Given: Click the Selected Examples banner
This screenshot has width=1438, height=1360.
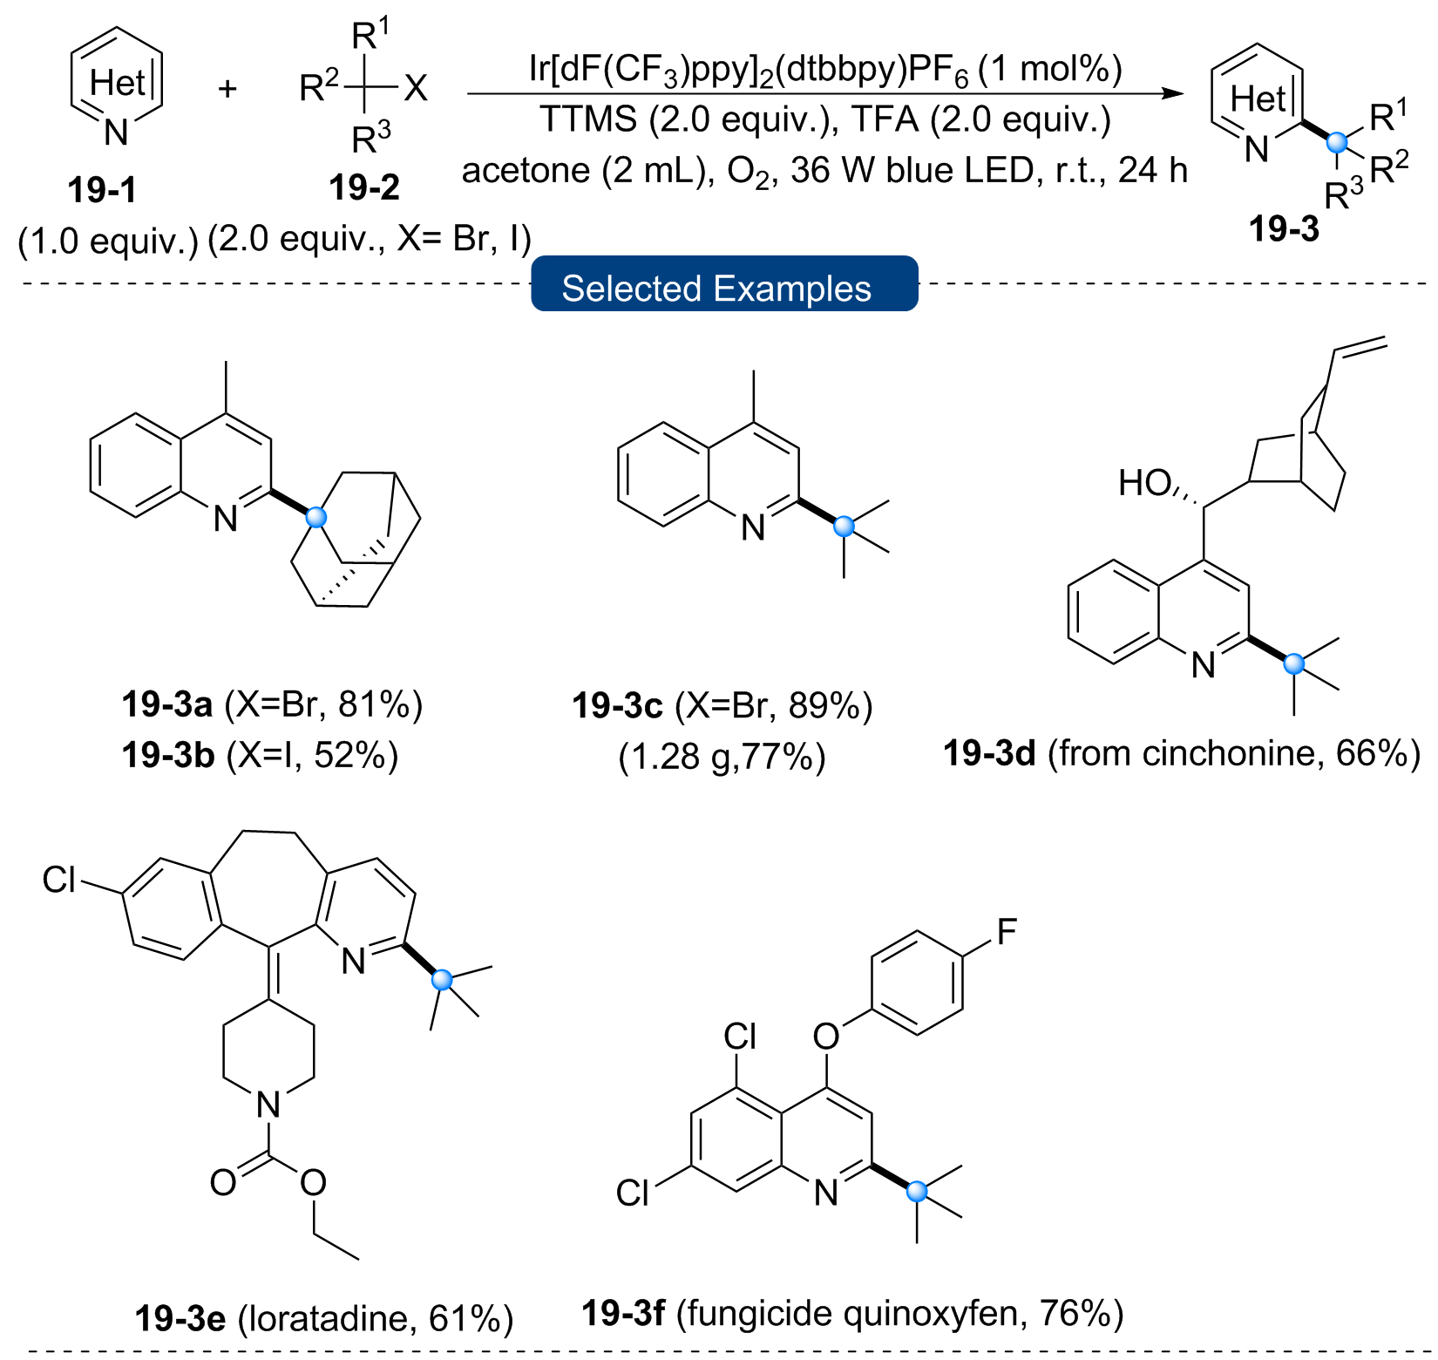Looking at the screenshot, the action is [x=724, y=283].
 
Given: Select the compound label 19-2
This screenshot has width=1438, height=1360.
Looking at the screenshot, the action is [x=364, y=187].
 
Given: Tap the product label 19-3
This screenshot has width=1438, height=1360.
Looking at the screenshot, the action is [x=1284, y=229].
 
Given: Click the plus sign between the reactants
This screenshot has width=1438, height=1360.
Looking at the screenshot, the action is [x=227, y=88].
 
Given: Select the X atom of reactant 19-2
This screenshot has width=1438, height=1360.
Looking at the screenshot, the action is [x=416, y=88].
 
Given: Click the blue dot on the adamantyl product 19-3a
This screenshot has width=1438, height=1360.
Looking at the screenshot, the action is [x=316, y=517].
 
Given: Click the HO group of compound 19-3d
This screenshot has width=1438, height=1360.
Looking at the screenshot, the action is [x=1144, y=483].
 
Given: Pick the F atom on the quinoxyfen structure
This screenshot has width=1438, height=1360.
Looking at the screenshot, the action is [x=1007, y=932].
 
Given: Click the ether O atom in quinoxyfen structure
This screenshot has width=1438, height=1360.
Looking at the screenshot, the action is [x=826, y=1036].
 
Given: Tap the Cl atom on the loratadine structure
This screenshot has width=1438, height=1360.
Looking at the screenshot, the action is [x=59, y=880].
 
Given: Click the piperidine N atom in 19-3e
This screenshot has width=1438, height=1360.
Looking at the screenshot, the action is [x=268, y=1105].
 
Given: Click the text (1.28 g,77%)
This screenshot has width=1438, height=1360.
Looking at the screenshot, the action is [x=722, y=757].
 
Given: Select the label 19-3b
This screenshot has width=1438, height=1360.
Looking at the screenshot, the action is [x=168, y=755].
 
